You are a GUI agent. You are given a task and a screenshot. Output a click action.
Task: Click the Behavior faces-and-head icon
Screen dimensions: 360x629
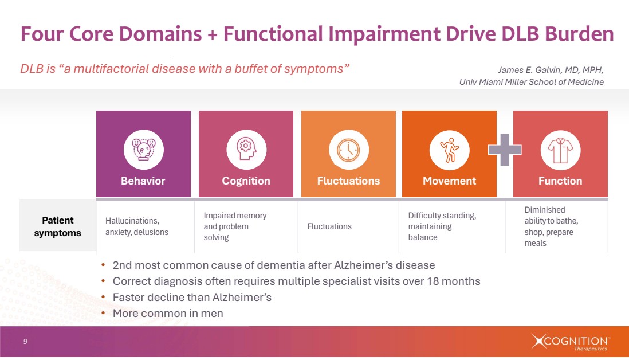coord(143,150)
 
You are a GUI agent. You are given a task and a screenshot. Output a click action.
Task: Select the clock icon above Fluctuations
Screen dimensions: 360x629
coord(348,150)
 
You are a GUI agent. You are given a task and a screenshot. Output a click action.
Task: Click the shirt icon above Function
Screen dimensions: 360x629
coord(560,150)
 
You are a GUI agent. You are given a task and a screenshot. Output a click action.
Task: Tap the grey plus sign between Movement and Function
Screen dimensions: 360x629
coord(505,150)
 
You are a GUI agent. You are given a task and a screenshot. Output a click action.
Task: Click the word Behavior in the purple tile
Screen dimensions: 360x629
coord(143,181)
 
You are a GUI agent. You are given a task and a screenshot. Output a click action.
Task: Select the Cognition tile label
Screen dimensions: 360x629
coord(246,181)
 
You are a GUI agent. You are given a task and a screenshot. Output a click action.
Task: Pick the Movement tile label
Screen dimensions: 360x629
coord(449,181)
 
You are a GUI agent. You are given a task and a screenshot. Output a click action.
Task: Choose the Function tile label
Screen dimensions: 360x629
coord(560,181)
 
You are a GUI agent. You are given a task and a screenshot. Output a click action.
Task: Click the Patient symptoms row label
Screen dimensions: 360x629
coord(58,226)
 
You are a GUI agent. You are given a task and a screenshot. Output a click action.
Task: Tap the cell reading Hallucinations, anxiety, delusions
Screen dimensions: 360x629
coord(137,226)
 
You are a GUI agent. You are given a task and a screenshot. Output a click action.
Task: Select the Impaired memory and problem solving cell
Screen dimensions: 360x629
coord(235,226)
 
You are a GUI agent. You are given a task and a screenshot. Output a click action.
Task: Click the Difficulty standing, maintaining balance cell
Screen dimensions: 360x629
coord(442,226)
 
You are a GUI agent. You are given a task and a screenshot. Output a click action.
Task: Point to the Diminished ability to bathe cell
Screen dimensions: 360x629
coord(551,226)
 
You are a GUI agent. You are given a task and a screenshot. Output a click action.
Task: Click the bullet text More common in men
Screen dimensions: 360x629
coord(168,314)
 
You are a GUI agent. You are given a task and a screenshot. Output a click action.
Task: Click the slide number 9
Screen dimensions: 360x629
coord(25,342)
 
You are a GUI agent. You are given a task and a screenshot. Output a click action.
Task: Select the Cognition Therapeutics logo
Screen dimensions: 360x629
coord(569,342)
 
